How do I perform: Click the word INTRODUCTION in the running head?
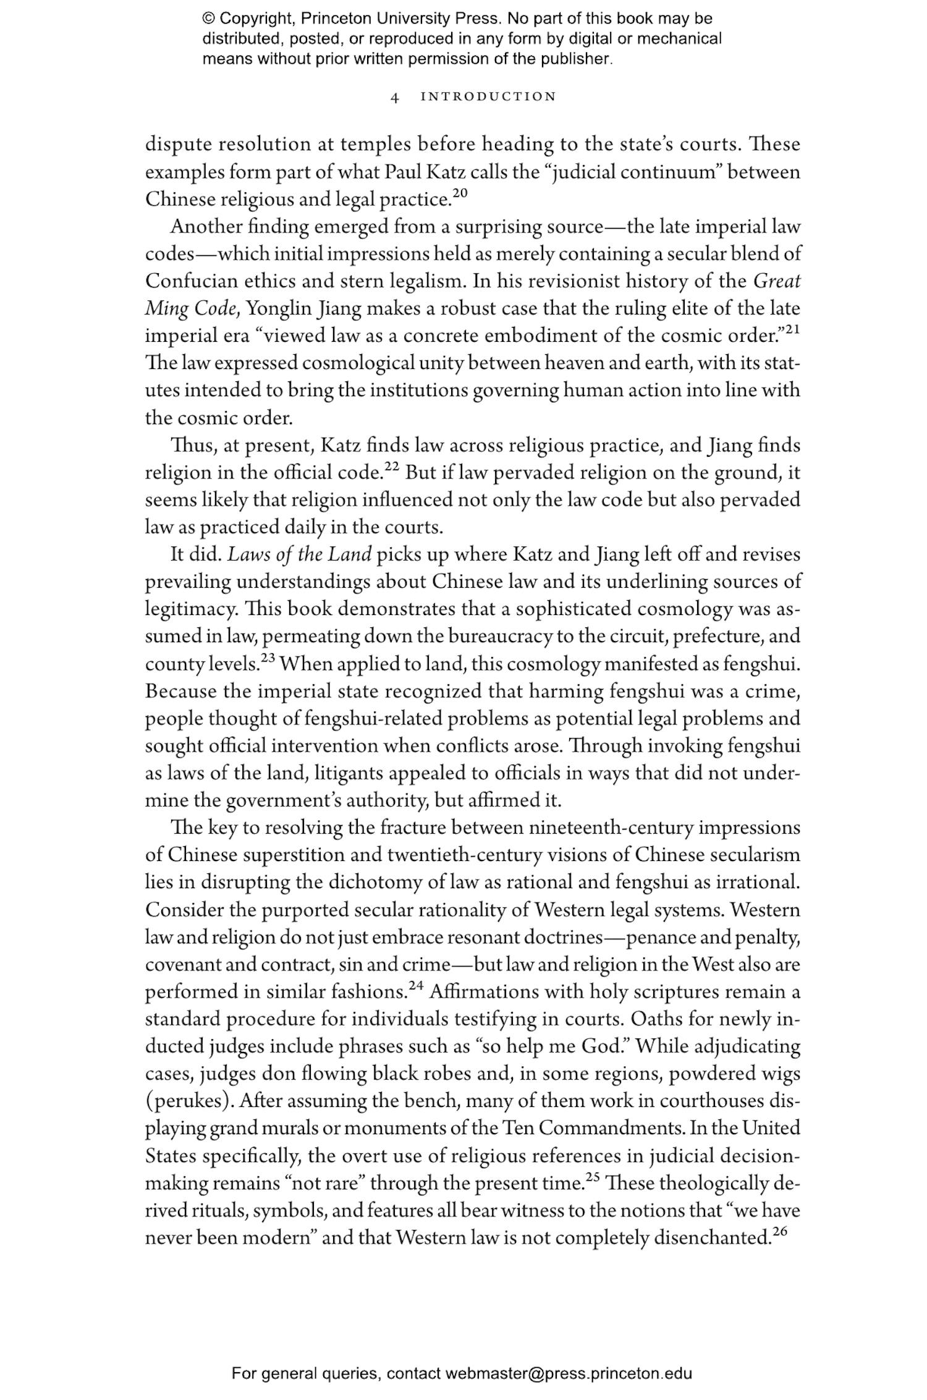click(x=488, y=96)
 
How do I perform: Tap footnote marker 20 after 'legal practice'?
click(x=460, y=193)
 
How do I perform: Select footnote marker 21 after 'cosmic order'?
click(x=793, y=330)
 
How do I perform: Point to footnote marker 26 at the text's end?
click(x=780, y=1230)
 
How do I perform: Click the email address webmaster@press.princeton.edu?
click(x=568, y=1373)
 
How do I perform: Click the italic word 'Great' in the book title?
click(x=777, y=281)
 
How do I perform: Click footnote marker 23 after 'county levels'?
click(x=268, y=658)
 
